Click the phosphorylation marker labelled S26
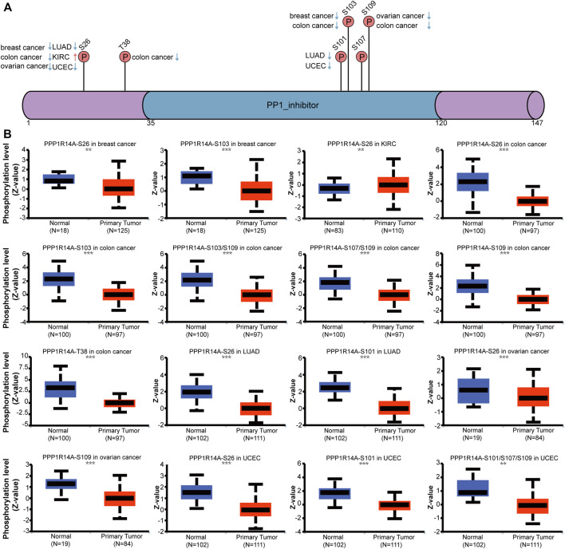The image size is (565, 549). click(x=85, y=57)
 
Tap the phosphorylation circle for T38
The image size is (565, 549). click(x=124, y=57)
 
